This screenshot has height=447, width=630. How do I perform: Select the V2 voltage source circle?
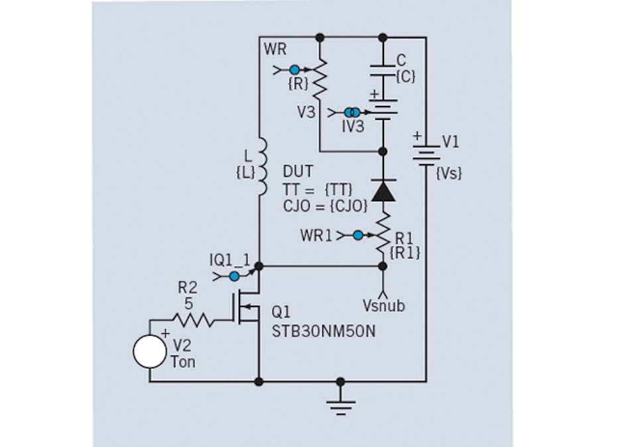point(149,352)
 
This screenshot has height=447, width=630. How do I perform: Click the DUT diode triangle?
point(383,191)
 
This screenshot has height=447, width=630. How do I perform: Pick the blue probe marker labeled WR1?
point(358,235)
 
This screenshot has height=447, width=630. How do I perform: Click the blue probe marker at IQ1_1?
point(235,276)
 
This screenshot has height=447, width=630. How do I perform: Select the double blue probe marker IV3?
point(352,113)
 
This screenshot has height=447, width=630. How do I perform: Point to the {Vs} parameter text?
point(449,174)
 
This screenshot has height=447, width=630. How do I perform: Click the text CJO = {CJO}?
point(324,205)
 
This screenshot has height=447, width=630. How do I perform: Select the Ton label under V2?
point(183,362)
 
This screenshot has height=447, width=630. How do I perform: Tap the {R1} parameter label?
point(406,252)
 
